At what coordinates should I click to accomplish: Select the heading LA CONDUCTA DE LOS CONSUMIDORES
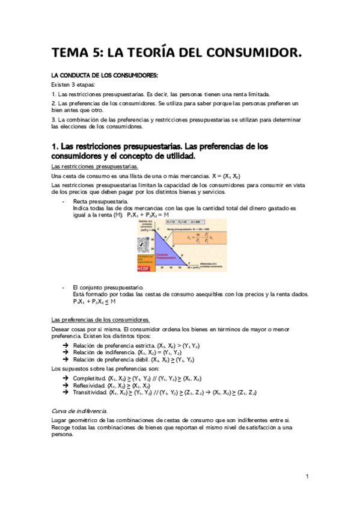point(105,75)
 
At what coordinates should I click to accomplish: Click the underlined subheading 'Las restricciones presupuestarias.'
point(94,166)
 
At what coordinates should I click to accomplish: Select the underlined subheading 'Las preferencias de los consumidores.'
point(100,319)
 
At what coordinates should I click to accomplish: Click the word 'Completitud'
point(90,378)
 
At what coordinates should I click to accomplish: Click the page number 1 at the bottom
point(307,476)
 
